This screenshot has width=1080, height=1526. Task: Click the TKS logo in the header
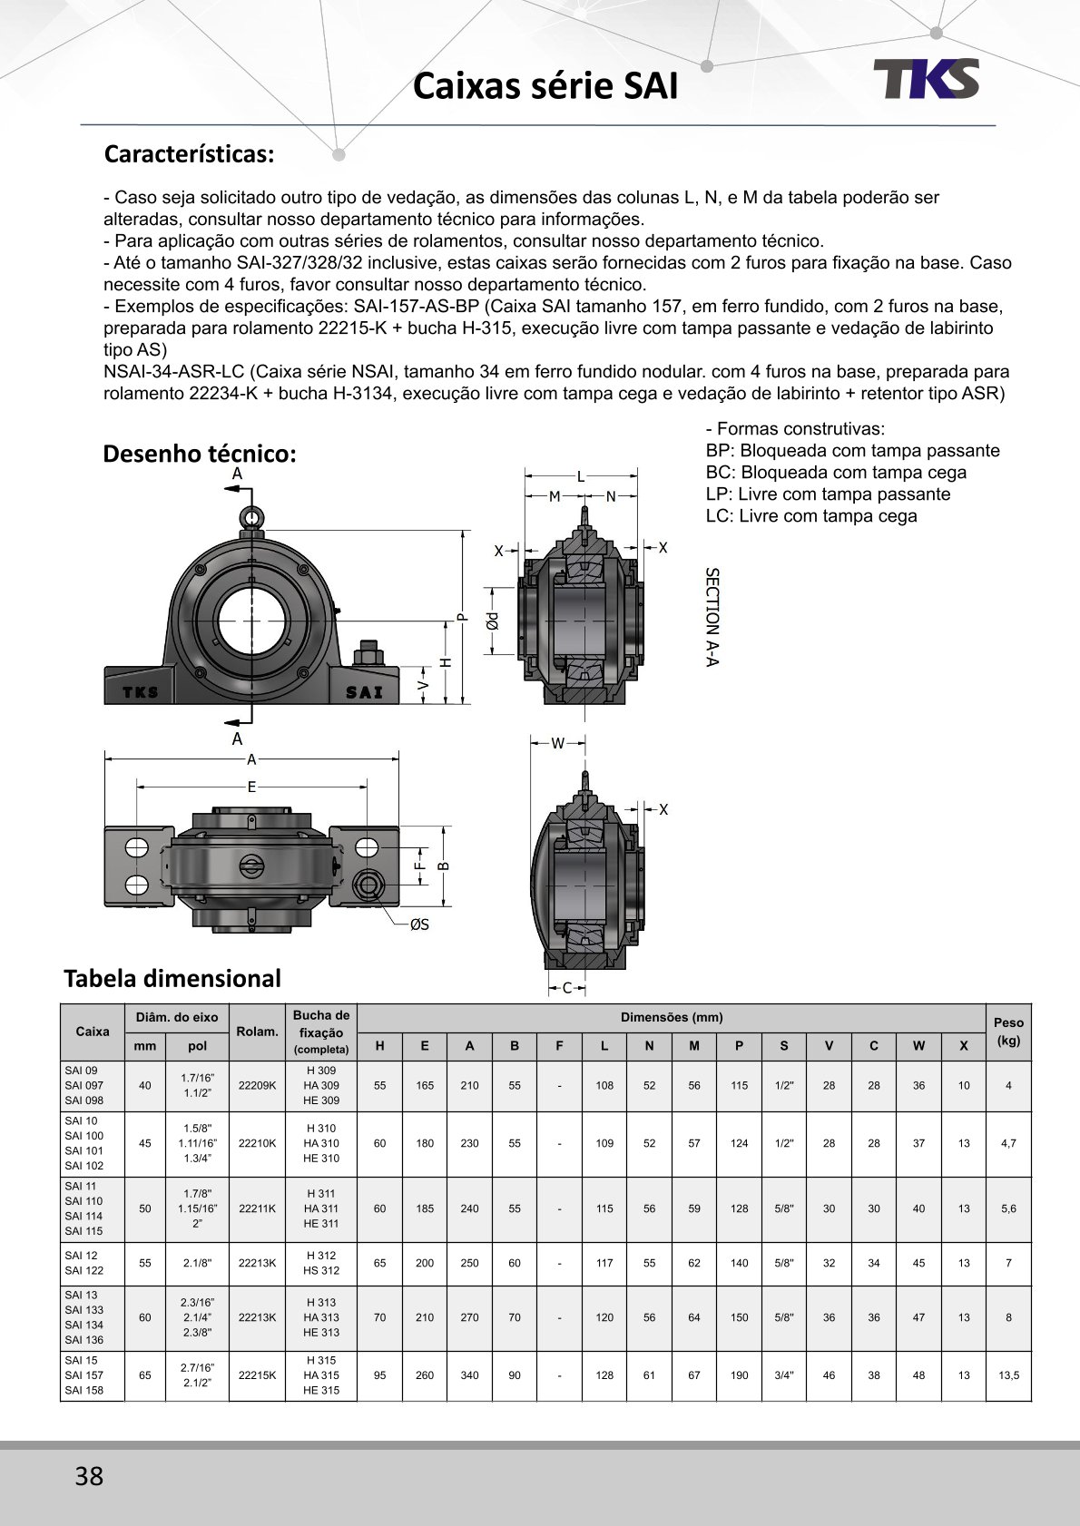pos(927,79)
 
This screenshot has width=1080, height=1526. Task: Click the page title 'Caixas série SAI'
pos(545,86)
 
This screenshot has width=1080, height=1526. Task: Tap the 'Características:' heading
pos(189,154)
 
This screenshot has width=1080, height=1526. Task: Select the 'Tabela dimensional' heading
pos(172,978)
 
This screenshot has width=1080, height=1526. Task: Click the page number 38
pos(89,1476)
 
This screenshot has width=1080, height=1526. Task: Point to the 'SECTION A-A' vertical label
pos(712,617)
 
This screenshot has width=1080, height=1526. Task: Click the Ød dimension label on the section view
pos(492,621)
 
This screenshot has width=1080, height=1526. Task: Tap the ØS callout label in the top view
pos(419,924)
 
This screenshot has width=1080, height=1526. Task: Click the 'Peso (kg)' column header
pos(1008,1032)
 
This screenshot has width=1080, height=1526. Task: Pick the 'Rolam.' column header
pos(257,1032)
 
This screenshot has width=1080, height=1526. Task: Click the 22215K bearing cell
pos(257,1375)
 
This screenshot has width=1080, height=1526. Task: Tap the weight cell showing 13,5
pos(1008,1375)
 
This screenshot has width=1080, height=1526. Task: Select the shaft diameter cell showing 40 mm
pos(145,1085)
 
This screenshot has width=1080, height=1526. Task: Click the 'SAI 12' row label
pos(82,1256)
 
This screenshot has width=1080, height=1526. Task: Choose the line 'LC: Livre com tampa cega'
pos(811,516)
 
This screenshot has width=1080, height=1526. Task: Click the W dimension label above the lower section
pos(557,743)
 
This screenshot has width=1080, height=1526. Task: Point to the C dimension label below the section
pos(567,988)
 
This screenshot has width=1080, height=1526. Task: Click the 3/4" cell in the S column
pos(784,1375)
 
